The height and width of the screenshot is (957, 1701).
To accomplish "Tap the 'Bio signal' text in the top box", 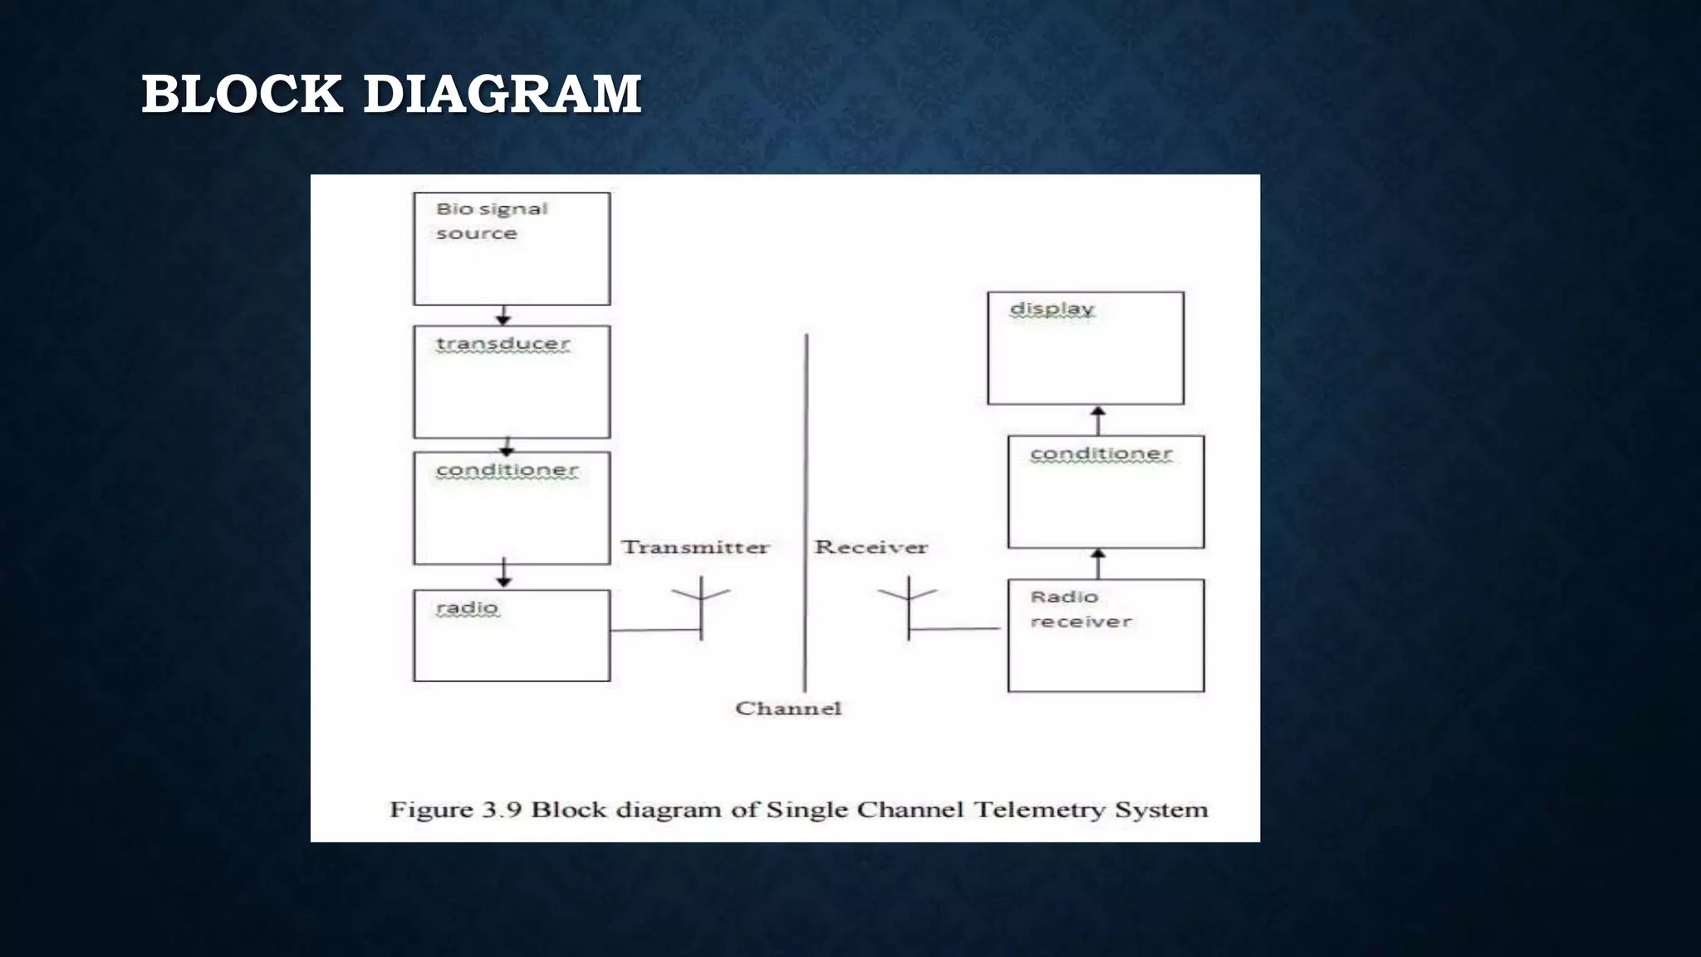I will [x=492, y=209].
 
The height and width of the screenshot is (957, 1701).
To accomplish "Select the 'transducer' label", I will [x=503, y=344].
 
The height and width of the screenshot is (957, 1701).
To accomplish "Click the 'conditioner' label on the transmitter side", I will [x=507, y=470].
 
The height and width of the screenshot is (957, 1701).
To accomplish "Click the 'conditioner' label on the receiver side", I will [x=1101, y=454].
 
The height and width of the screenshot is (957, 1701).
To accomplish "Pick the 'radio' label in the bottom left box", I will [x=468, y=608].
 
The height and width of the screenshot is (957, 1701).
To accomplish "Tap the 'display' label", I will [x=1051, y=309].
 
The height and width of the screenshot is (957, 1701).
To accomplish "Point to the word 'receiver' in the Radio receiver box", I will [x=1081, y=622].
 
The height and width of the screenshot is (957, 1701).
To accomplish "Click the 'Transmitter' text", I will [x=695, y=547].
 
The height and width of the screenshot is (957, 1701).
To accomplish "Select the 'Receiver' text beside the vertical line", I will [x=870, y=547].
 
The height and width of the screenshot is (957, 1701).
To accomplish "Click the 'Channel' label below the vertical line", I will [x=788, y=709].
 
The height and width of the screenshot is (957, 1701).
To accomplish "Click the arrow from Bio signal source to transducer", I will [x=503, y=316].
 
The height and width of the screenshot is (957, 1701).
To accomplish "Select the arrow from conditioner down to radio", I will [x=503, y=573].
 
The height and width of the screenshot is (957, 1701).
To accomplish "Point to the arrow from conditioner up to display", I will [x=1098, y=420].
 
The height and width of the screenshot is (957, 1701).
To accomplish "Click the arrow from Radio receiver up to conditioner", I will [x=1098, y=563].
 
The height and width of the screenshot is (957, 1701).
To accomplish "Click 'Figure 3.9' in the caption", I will [x=455, y=810].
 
